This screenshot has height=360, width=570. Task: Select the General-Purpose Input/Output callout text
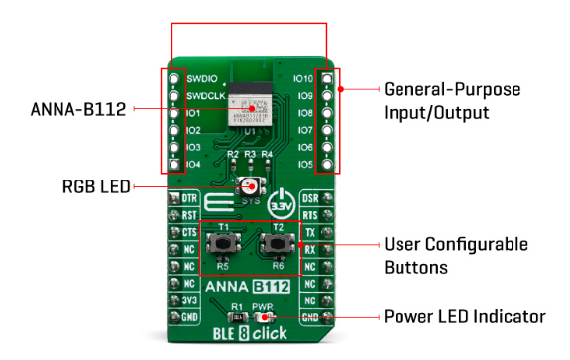click(450, 100)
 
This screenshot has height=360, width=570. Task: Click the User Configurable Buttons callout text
click(455, 255)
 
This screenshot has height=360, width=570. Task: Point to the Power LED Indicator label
click(464, 317)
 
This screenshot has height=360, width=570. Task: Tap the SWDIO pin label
click(202, 78)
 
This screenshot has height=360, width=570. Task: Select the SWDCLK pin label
click(206, 95)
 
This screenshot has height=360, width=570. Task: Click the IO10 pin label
click(303, 78)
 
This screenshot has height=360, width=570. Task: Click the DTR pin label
click(190, 199)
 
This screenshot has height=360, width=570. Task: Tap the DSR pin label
click(309, 199)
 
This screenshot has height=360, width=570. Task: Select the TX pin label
click(310, 233)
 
